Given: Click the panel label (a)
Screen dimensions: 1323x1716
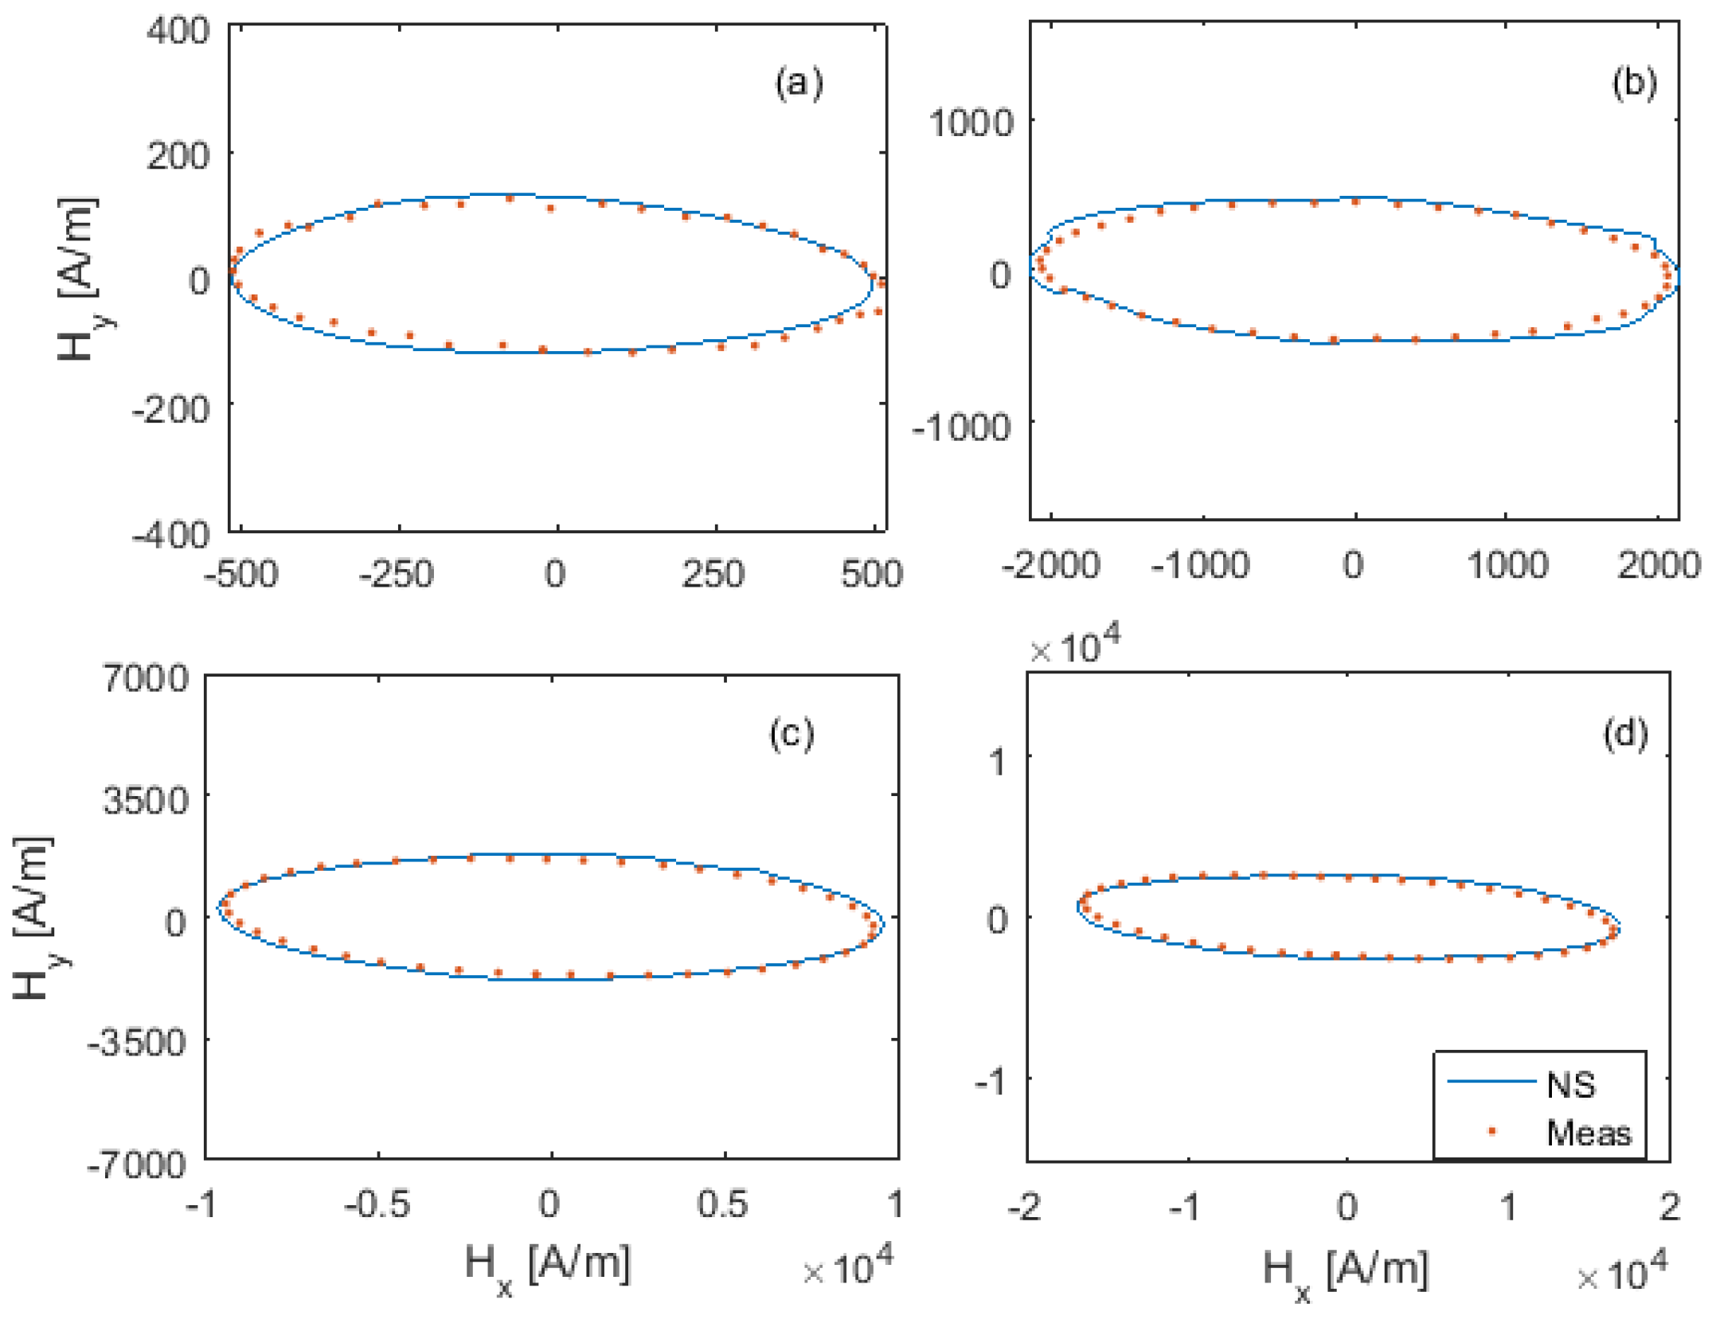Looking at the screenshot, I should coord(799,83).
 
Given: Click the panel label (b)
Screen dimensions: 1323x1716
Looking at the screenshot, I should coord(1634,83).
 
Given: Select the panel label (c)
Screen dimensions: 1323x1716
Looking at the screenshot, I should coord(792,733).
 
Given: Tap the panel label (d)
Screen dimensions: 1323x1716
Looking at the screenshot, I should coord(1625,733).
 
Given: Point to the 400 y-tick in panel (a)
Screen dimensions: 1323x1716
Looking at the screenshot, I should coord(178,32).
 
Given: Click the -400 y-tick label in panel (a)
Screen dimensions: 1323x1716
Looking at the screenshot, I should coord(170,533).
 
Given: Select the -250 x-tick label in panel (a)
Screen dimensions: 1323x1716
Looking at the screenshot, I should coord(396,574).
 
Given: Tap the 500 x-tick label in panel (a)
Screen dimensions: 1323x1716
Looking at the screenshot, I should coord(872,574).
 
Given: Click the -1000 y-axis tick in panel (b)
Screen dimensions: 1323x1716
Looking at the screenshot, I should coord(961,427).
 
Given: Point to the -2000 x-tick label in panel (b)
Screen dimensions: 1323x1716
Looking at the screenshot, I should coord(1050,565).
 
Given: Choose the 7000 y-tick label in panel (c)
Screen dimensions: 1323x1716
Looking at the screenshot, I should coord(146,678).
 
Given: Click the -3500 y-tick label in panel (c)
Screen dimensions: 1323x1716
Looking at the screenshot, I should coord(138,1041).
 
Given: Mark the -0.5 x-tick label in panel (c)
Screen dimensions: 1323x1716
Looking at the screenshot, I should coord(377,1204).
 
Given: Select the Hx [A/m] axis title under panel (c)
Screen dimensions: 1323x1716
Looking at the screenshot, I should coord(547,1266).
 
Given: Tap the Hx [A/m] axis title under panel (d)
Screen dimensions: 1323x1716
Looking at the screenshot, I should coord(1345,1270).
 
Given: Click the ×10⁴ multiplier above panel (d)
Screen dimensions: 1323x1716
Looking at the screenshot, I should coord(1075,646).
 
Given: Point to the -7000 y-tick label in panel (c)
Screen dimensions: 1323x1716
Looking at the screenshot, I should coord(138,1165).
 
